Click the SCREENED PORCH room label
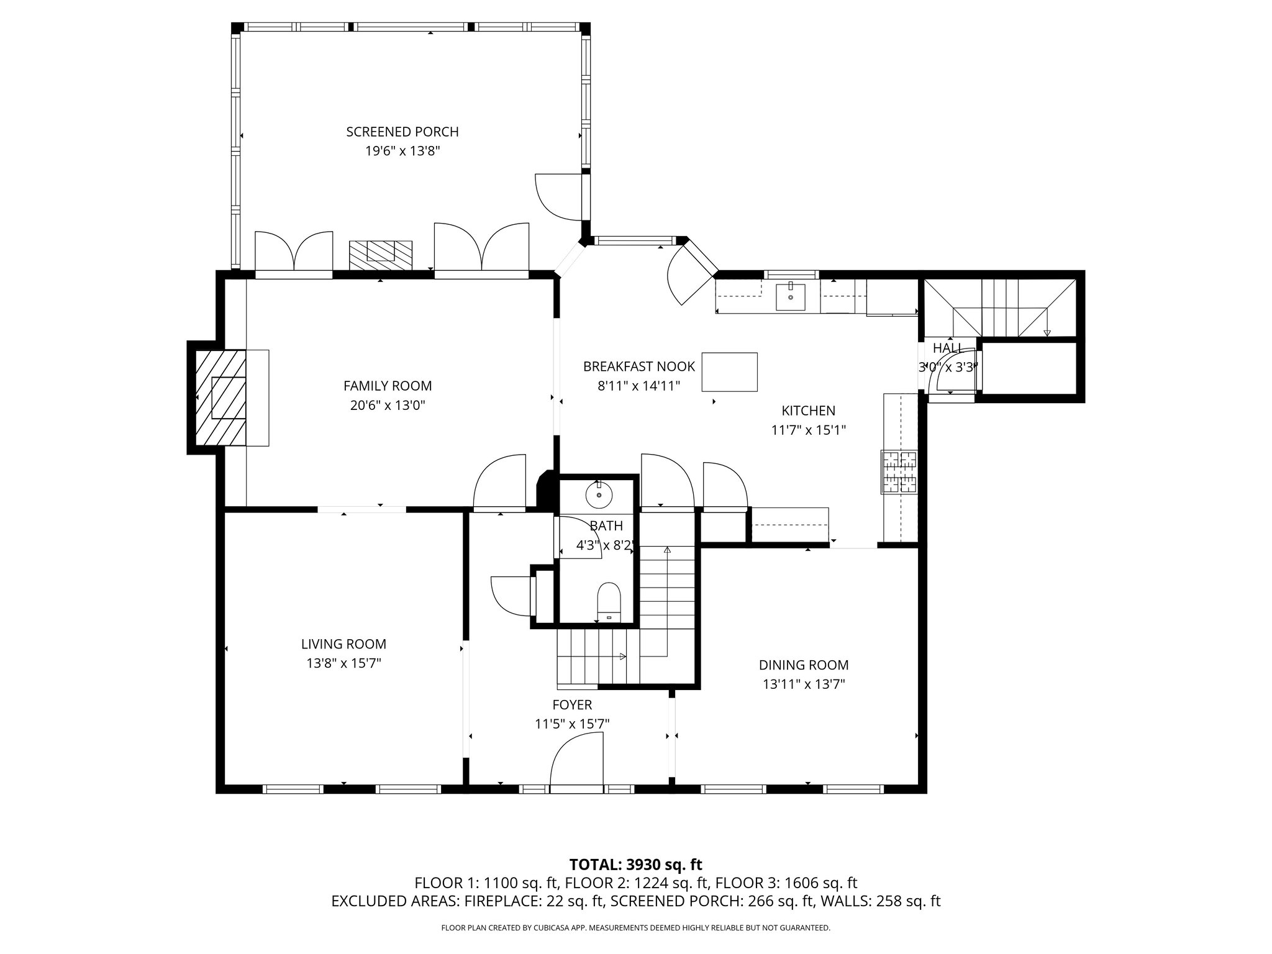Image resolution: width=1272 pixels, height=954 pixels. coord(402,132)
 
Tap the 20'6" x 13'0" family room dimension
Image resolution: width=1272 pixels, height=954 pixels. coord(388,406)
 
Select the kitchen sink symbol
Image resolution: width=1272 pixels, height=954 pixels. coord(790,297)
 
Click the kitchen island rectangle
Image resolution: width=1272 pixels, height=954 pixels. coord(729,372)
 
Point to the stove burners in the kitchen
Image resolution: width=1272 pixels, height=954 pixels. coord(899,471)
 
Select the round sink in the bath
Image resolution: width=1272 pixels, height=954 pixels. coord(599,494)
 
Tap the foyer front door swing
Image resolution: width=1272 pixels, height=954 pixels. coord(576,761)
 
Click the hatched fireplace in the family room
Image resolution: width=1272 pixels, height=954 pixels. coord(220,397)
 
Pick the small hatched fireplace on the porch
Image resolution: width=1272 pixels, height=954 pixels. coord(380,255)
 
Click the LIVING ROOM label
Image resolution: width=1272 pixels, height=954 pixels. coord(343,644)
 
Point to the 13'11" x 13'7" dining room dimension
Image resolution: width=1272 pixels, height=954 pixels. coord(804,684)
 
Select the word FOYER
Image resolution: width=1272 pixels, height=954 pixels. coord(572,704)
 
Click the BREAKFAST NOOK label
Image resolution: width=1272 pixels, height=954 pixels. coord(638,366)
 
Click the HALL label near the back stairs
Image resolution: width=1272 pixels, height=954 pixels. coord(947,348)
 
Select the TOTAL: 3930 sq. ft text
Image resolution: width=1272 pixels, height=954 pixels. coord(635,865)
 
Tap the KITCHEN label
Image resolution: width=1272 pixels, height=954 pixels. coord(808,411)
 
